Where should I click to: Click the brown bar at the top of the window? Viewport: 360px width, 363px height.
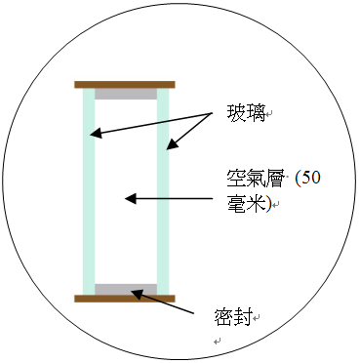124,85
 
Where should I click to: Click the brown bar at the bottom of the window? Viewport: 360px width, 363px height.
124,298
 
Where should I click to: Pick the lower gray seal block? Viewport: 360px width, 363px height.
125,289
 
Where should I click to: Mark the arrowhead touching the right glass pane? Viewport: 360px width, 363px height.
170,145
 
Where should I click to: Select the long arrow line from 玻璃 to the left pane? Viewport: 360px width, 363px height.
156,123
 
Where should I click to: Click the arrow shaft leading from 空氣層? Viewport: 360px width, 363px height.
176,198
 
